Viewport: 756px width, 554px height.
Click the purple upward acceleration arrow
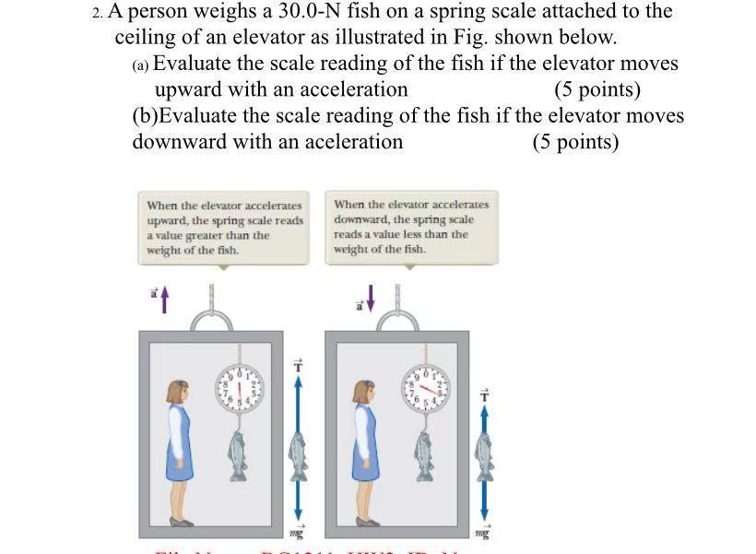[165, 299]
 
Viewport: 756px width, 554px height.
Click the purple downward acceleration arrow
[372, 298]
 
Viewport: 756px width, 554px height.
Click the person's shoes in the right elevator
[367, 522]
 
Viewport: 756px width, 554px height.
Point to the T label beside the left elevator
[297, 366]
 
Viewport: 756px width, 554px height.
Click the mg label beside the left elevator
[296, 533]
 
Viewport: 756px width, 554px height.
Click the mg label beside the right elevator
[483, 533]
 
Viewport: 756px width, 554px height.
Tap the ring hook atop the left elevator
[213, 319]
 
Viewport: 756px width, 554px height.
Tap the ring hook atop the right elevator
[401, 319]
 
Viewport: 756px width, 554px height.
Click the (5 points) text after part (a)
[597, 89]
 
